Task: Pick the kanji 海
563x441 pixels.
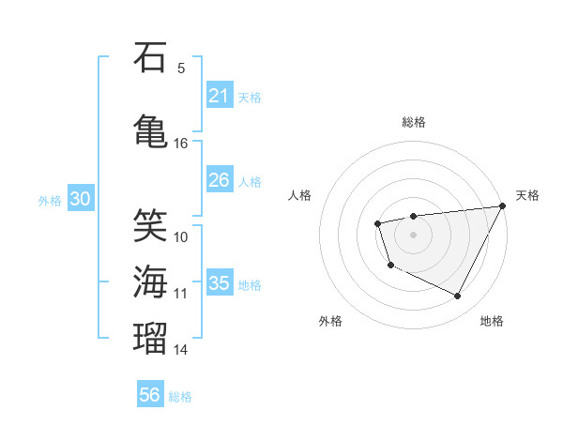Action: point(150,281)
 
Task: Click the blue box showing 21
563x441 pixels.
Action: point(219,96)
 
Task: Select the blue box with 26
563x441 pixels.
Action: point(219,180)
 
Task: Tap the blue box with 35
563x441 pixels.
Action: point(219,283)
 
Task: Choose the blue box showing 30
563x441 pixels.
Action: point(80,199)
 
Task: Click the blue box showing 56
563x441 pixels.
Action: point(149,395)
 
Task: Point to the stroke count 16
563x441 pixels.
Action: point(181,144)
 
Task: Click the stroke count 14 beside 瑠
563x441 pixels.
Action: point(181,350)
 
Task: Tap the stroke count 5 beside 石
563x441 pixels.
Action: point(181,68)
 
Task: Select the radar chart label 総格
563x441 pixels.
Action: point(414,122)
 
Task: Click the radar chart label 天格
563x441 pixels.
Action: point(528,195)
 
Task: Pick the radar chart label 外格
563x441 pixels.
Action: point(330,322)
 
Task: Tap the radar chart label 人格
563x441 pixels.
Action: point(300,195)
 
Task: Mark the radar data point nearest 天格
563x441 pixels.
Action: point(502,205)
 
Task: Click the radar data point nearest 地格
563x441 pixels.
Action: point(458,297)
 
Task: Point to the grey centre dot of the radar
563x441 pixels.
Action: point(413,234)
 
